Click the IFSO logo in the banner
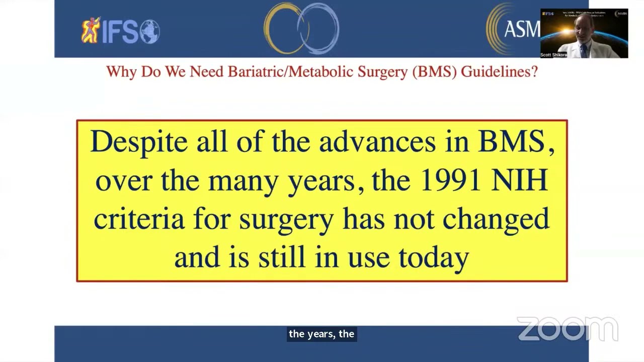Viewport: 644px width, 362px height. (121, 31)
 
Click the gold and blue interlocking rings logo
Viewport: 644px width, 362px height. (301, 29)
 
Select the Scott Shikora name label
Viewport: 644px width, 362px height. (553, 55)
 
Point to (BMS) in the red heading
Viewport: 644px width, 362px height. (434, 72)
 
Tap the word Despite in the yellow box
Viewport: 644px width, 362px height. (139, 142)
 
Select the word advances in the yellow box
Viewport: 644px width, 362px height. (377, 142)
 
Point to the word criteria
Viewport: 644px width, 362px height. (139, 219)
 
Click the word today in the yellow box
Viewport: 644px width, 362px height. (434, 258)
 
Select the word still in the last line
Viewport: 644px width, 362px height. (281, 257)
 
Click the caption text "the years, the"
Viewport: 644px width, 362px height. (321, 334)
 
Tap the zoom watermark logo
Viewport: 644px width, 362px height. (567, 329)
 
